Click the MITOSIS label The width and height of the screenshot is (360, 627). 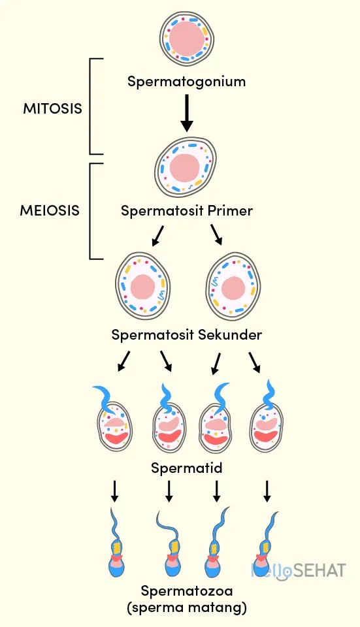tap(52, 108)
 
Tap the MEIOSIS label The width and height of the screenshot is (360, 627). tap(50, 210)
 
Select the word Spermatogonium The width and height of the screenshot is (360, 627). tap(186, 82)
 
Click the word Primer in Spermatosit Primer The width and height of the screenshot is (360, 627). tap(230, 211)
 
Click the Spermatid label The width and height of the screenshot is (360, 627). tap(186, 468)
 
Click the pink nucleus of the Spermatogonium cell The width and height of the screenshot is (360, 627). tap(187, 38)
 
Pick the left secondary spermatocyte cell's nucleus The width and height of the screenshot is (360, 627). tap(142, 287)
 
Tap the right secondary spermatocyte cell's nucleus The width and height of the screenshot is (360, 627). tap(233, 287)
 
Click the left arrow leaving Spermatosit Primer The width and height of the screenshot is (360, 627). tap(157, 235)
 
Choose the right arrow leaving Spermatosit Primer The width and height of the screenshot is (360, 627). tap(216, 235)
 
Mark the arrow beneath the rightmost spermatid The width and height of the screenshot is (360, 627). tap(267, 491)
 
